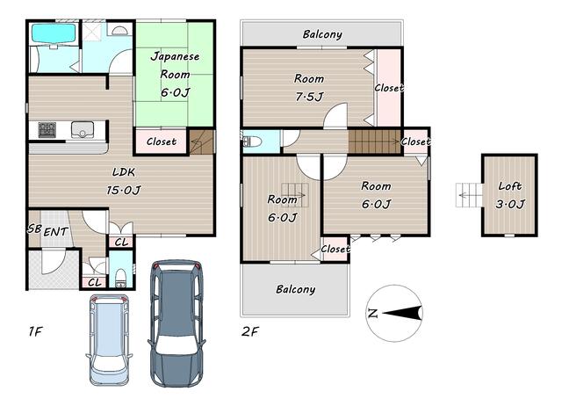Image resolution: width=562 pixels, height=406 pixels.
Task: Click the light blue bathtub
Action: coord(54,33)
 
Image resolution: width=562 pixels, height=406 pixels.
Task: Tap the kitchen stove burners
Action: coord(47,130)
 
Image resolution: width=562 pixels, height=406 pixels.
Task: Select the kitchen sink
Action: coord(83,130)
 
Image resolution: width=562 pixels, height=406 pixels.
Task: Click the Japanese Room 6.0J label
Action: coord(175,74)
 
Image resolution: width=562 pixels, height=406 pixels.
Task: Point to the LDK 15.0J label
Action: coord(124,181)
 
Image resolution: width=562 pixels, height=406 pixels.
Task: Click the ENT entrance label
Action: coord(55,232)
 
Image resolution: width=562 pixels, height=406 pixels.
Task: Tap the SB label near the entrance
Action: coord(34,228)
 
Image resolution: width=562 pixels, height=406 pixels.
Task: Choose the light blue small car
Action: coord(109,340)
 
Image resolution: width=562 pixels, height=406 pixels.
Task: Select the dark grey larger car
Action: coord(177,323)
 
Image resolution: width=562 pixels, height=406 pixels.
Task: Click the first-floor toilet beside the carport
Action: coord(121,278)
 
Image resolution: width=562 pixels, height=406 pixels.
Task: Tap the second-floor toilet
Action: coord(252,141)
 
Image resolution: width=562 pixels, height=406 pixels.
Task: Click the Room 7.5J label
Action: coord(309,87)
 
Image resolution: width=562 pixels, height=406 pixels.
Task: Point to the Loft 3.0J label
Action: coord(509,195)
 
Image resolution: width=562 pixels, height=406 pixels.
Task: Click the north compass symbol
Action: coord(395,313)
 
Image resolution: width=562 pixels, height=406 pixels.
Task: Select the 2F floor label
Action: coord(249,331)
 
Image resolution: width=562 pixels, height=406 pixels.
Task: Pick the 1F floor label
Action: coord(35,331)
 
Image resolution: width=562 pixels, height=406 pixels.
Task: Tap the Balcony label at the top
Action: coord(322,34)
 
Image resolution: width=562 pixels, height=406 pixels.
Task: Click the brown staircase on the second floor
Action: coord(374,141)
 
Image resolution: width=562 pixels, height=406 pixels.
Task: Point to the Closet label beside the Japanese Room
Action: coord(162,141)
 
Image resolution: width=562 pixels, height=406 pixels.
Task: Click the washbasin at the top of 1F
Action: coord(118,30)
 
